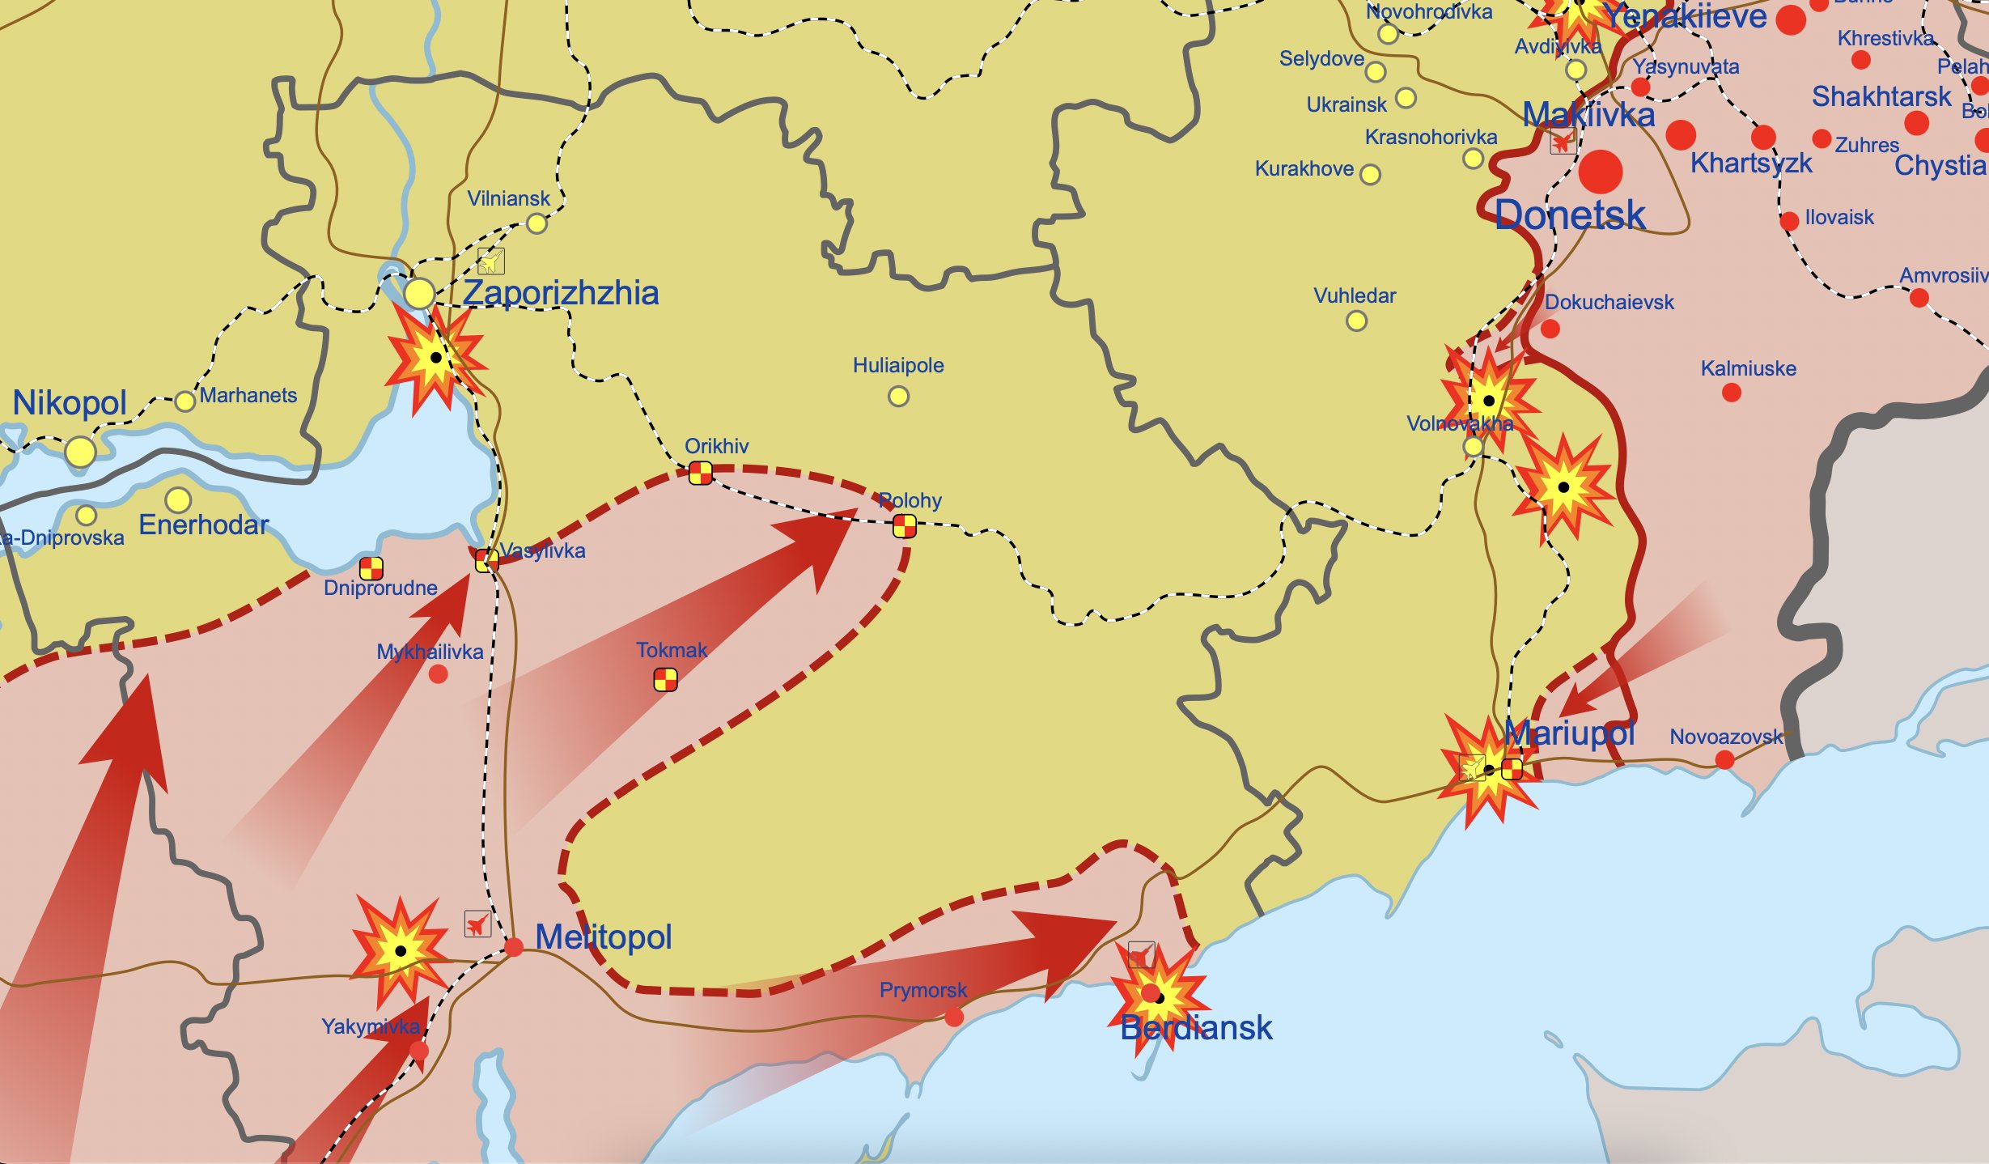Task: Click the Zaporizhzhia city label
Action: [560, 293]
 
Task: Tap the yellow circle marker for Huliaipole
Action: [898, 397]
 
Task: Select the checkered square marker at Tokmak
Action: [665, 680]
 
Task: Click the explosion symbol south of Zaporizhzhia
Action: [435, 357]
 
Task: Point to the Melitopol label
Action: [603, 937]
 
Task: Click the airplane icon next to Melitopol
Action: [477, 924]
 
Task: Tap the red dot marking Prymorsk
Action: [954, 1017]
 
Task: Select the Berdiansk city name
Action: [1196, 1029]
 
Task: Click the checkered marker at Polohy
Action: [904, 527]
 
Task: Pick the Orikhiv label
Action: [716, 446]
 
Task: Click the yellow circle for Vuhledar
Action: [1356, 321]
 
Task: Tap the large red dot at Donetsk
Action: [1600, 172]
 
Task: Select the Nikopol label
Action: [70, 403]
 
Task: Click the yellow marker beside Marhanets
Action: [185, 401]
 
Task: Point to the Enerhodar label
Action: [203, 525]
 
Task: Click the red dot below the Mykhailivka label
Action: [438, 674]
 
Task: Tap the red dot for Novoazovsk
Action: [1724, 760]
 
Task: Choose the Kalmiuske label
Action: [1748, 369]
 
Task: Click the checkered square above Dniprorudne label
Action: [371, 568]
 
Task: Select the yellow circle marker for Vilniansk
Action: [536, 224]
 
